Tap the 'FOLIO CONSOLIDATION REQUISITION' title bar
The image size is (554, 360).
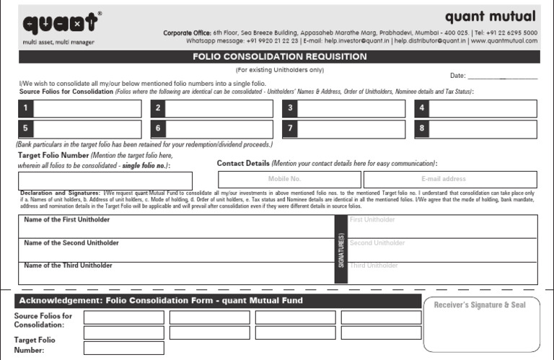(x=278, y=56)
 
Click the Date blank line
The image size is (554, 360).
(x=503, y=76)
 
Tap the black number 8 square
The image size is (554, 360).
(x=421, y=129)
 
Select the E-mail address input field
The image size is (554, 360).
(x=444, y=179)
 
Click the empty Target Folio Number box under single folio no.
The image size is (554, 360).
(x=105, y=181)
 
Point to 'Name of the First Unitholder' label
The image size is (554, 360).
(x=68, y=219)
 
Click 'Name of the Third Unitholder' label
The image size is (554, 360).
(x=68, y=265)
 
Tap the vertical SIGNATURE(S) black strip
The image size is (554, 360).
(x=340, y=249)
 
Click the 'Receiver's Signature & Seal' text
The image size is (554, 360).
(x=480, y=305)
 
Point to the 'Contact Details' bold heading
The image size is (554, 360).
(x=243, y=164)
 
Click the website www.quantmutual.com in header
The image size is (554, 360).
(x=504, y=41)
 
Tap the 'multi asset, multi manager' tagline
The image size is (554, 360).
(x=59, y=42)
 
